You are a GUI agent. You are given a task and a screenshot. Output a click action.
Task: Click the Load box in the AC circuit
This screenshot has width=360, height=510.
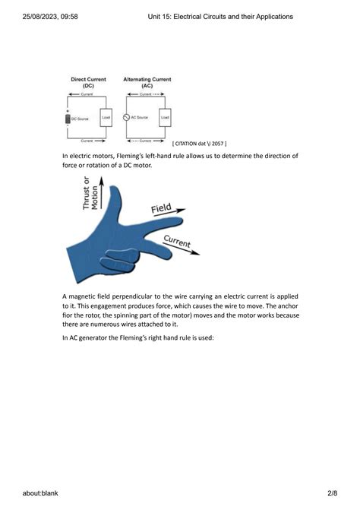(165, 118)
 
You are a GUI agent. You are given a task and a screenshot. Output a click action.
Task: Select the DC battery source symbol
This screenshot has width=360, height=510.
(68, 119)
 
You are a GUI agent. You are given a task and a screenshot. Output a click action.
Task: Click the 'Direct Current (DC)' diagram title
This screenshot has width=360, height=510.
(88, 82)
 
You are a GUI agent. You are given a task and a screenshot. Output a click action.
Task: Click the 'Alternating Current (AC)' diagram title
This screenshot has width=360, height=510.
(147, 82)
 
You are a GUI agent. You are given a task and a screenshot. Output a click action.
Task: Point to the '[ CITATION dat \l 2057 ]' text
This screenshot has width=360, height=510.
(199, 143)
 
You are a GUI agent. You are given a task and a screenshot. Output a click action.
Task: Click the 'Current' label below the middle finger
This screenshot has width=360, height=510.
(176, 244)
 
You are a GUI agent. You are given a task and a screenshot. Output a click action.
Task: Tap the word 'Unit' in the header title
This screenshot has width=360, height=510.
(156, 16)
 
